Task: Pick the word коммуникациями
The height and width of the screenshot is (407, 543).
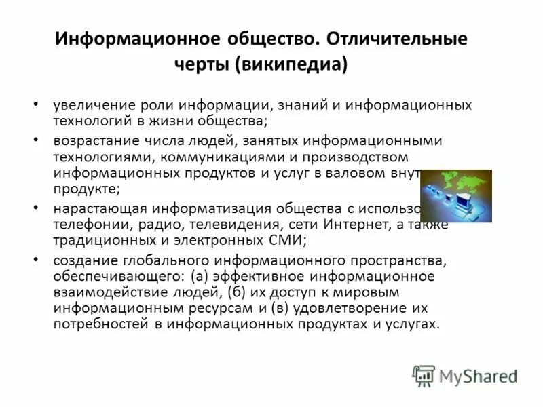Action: coord(212,157)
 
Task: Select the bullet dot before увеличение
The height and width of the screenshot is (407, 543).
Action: coord(36,106)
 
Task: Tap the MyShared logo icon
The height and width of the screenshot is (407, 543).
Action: coord(424,375)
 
